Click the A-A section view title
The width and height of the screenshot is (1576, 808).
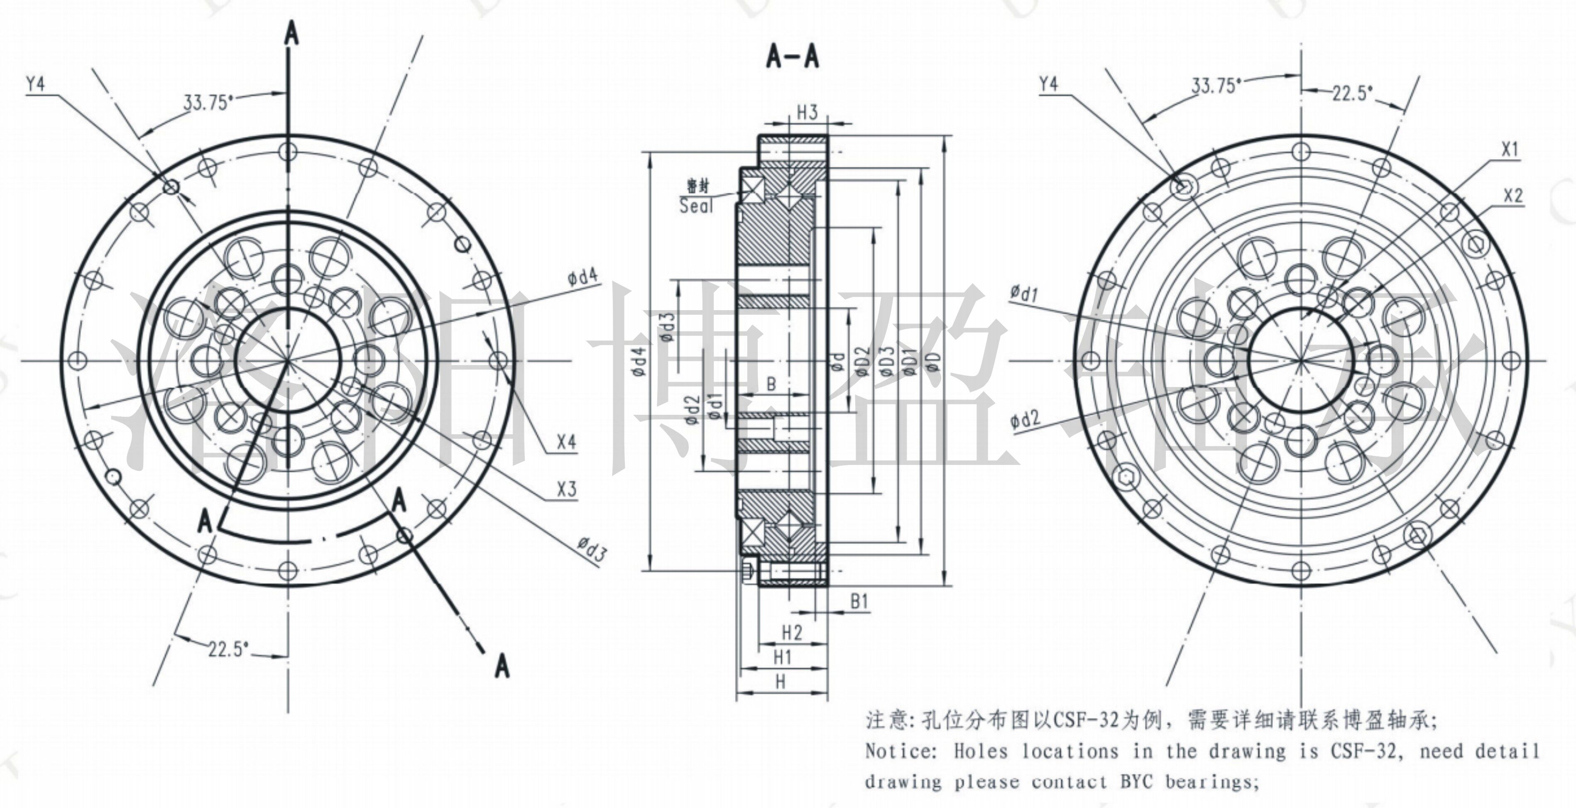792,57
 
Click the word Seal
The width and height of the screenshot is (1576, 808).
697,206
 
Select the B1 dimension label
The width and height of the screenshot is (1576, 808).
859,602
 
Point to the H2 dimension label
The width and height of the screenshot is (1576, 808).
792,632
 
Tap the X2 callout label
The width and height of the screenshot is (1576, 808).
1513,196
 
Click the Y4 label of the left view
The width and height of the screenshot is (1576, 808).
35,84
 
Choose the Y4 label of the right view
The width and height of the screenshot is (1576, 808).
1049,84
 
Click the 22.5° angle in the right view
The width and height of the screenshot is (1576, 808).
1353,93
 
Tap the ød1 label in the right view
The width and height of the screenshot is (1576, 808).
1024,294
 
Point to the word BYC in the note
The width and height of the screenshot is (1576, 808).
1137,782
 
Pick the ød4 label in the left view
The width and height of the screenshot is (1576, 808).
582,278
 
